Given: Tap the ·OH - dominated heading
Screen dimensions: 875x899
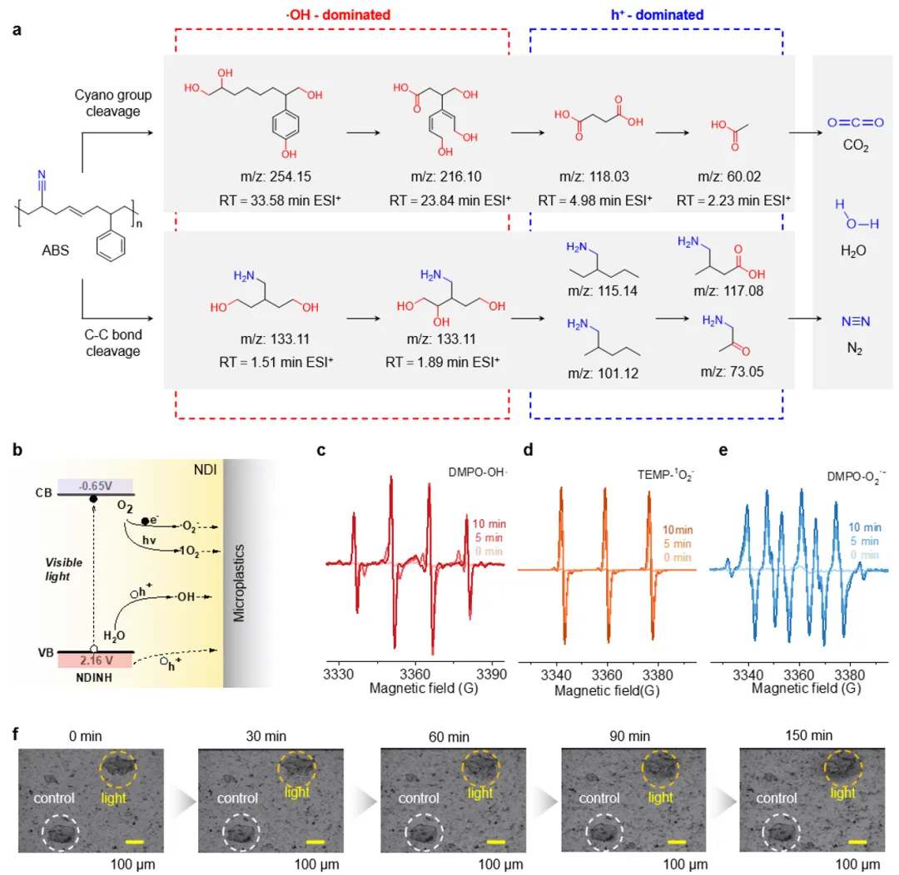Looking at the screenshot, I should [339, 14].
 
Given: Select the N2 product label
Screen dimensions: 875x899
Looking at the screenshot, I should [851, 350].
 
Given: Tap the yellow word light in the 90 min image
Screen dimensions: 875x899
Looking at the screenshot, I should [660, 797].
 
